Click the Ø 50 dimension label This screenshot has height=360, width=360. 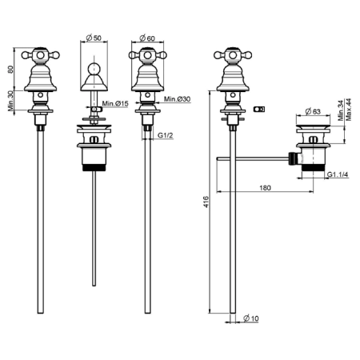coord(94,38)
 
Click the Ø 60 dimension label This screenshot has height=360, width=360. coord(147,38)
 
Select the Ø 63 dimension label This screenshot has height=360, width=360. coord(313,111)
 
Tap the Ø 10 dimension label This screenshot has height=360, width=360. coord(251,318)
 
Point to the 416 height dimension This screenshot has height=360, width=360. coord(206,202)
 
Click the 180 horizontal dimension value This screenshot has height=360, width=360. coord(265,188)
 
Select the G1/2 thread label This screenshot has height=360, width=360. coord(166,135)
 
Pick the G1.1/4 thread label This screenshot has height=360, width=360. coord(338,174)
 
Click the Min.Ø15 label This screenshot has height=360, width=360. coord(115,103)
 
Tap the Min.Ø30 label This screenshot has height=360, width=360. coord(178,99)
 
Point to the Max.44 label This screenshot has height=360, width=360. coord(348,110)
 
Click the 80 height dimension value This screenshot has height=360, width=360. coord(10,70)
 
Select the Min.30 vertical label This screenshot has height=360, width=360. coord(10,101)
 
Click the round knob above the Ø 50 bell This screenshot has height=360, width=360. coord(94,68)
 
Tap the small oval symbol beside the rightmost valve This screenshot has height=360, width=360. coord(259,109)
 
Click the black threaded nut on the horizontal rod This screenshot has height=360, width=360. coord(293,159)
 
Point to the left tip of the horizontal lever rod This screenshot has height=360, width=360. coord(217,159)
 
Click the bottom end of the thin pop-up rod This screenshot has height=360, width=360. coord(94,286)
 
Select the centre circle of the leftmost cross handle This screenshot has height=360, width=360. coord(40,55)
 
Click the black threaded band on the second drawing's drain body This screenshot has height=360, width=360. coord(94,167)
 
